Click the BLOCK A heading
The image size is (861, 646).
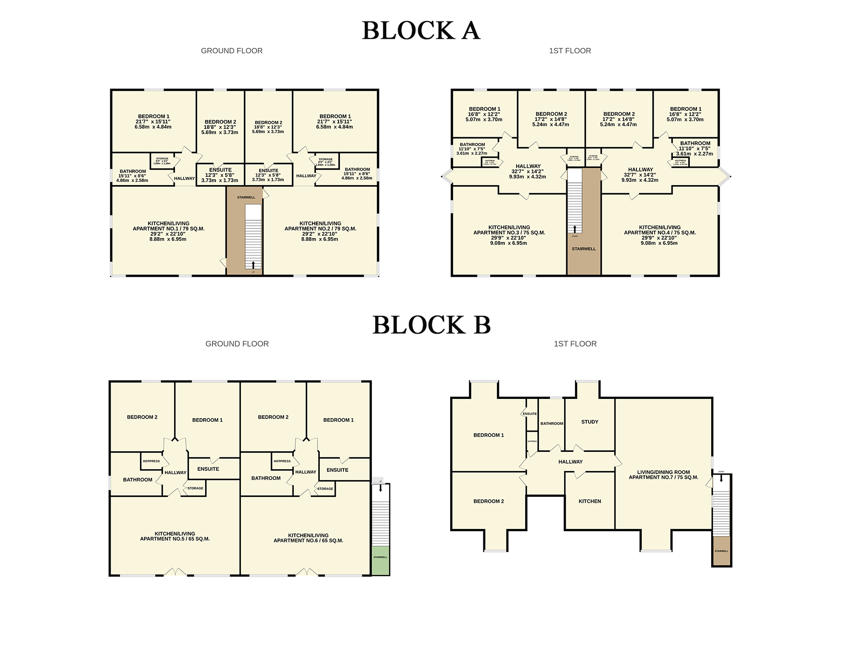421,31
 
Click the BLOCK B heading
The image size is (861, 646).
431,326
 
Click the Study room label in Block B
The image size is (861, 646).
589,422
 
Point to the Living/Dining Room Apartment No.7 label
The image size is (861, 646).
663,475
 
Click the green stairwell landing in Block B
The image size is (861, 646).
380,560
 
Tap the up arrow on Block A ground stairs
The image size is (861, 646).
253,264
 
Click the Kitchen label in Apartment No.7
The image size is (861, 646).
589,501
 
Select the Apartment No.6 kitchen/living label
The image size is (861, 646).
308,538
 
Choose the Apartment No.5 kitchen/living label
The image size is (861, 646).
174,536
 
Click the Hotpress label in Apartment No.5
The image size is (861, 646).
151,461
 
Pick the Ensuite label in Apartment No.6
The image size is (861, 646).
337,470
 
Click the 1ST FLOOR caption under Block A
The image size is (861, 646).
570,51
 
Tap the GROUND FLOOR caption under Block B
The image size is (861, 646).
237,344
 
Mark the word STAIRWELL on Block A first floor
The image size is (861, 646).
584,249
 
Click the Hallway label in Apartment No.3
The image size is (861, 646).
528,166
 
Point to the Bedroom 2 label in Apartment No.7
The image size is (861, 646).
488,501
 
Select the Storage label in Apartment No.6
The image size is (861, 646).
325,489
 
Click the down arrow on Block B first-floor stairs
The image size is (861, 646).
721,478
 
